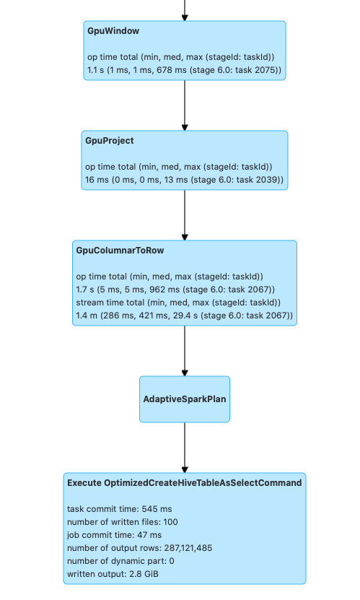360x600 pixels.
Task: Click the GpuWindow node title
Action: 113,32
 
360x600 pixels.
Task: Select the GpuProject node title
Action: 110,141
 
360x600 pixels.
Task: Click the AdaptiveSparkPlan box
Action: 185,399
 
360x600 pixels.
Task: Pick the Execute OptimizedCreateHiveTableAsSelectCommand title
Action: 184,482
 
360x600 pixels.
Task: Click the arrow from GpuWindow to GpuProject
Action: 185,105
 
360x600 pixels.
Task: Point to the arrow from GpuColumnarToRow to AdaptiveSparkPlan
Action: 185,351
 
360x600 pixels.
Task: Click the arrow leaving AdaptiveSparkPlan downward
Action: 185,448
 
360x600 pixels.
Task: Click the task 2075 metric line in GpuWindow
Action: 184,70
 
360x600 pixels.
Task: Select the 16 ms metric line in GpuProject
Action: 184,179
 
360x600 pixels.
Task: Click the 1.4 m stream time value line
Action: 184,316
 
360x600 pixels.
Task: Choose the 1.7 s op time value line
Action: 175,290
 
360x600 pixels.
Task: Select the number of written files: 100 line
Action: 122,521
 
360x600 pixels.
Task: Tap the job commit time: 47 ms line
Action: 114,534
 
